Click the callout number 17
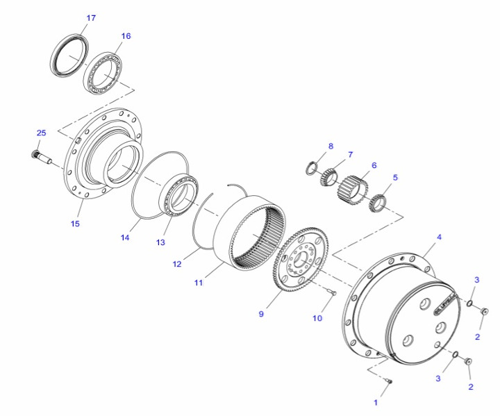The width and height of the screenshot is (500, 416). coord(91,18)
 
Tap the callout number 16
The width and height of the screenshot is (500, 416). coord(126,36)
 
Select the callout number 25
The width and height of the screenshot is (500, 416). coord(41,133)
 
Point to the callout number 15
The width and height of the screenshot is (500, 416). coord(75,224)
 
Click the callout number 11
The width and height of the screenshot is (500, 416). coord(199,283)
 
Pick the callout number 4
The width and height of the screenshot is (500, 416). coord(439,237)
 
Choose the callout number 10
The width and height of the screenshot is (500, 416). coord(317,318)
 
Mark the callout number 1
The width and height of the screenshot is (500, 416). coord(376,403)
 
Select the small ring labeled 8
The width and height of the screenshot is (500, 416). coord(312,168)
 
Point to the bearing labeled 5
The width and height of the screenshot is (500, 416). coord(378,202)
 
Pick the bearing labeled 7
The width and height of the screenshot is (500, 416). coord(328,176)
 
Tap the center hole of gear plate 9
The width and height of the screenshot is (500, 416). coord(301,259)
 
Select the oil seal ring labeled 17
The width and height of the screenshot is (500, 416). coord(70,55)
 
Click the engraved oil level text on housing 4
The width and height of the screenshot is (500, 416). coord(445,304)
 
